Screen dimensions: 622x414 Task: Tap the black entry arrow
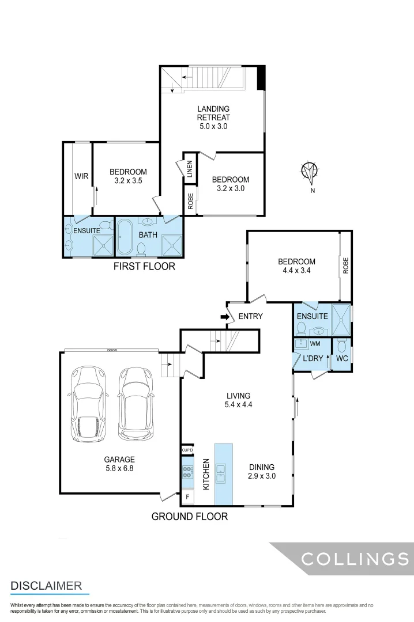pyautogui.click(x=224, y=316)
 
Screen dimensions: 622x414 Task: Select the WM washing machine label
pyautogui.click(x=315, y=344)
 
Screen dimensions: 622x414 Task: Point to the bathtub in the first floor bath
pyautogui.click(x=126, y=237)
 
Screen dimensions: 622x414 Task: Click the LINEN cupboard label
pyautogui.click(x=190, y=170)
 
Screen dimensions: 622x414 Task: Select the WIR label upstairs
pyautogui.click(x=81, y=176)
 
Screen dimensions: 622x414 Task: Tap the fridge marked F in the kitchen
pyautogui.click(x=187, y=496)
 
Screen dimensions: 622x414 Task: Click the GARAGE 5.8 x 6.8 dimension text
pyautogui.click(x=119, y=464)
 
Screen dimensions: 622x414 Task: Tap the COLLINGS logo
pyautogui.click(x=355, y=559)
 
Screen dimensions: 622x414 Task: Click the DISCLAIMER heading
pyautogui.click(x=46, y=586)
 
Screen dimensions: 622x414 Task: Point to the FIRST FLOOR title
pyautogui.click(x=144, y=267)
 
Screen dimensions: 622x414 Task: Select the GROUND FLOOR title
pyautogui.click(x=189, y=517)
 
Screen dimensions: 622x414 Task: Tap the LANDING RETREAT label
pyautogui.click(x=213, y=117)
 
